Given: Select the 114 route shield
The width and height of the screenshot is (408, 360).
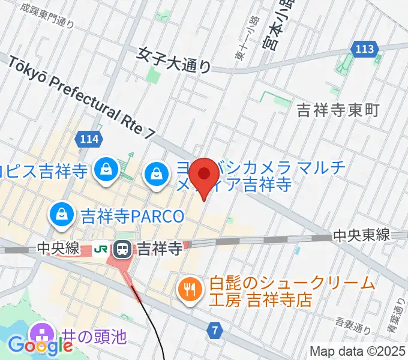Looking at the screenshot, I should coord(88,140).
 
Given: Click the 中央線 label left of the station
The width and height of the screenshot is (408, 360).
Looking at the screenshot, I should coord(58,248).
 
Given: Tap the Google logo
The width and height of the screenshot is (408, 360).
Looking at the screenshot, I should coord(40,346).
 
